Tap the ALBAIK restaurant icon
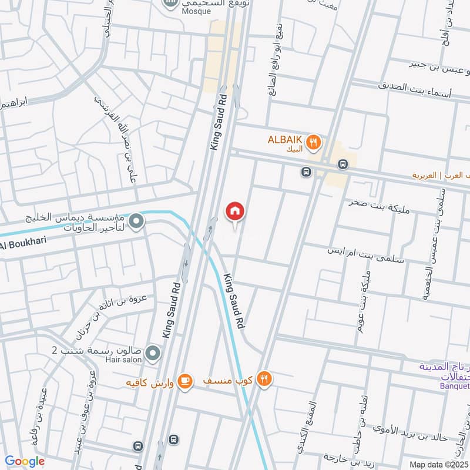click(314, 141)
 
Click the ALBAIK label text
click(285, 139)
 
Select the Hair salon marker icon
click(153, 353)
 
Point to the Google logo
click(25, 461)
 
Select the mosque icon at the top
click(170, 4)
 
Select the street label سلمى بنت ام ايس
click(365, 251)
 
